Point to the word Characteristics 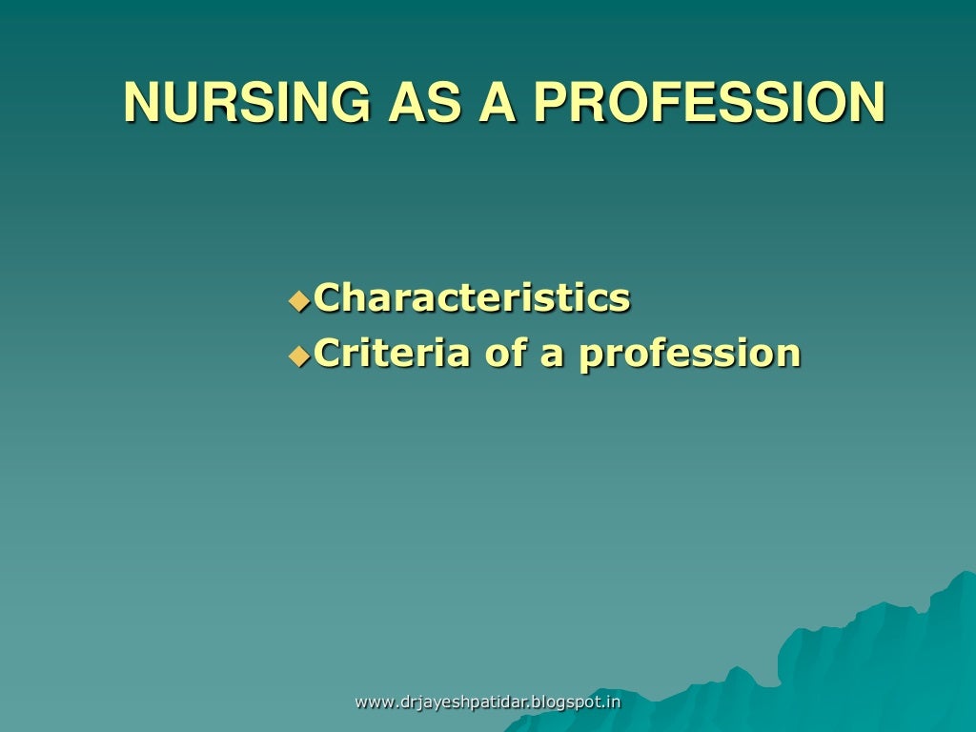tap(472, 297)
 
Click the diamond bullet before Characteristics tap(299, 301)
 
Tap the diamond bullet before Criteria tap(299, 356)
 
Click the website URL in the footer tap(487, 702)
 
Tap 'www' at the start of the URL tap(374, 703)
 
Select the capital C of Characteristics tap(328, 298)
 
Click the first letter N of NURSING tap(139, 103)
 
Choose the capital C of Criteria tap(328, 354)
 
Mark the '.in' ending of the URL tap(611, 702)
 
